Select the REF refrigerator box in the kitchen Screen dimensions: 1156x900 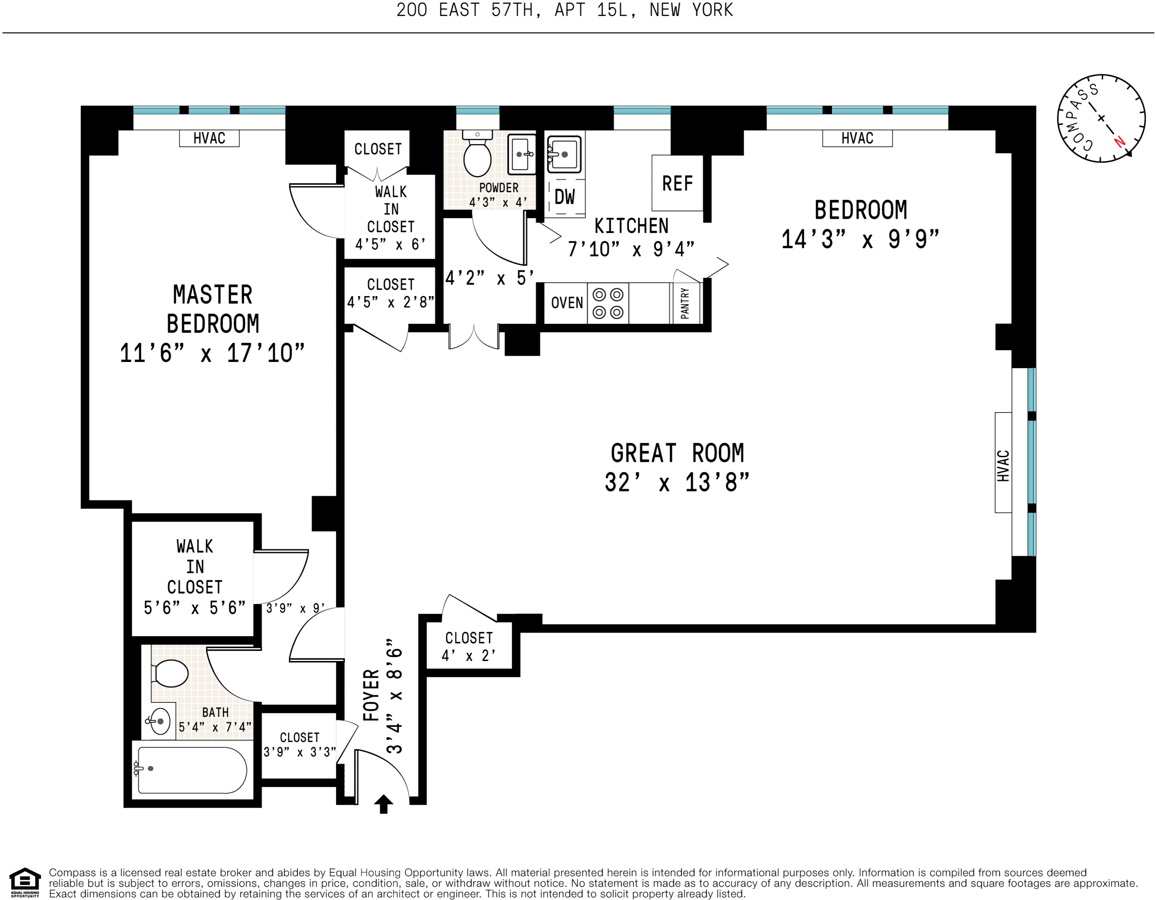click(x=677, y=183)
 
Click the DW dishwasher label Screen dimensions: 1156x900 click(x=565, y=197)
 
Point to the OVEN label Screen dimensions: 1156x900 click(x=567, y=303)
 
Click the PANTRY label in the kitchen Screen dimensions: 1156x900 click(x=685, y=303)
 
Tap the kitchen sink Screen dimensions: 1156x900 click(x=564, y=154)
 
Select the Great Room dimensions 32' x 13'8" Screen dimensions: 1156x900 click(x=677, y=483)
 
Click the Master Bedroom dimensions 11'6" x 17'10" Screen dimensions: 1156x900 click(x=212, y=353)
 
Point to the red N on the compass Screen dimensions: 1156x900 click(x=1120, y=142)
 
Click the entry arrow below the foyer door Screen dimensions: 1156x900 click(x=384, y=804)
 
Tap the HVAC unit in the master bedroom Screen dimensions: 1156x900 click(x=209, y=138)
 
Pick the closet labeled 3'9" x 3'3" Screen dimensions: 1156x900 click(x=299, y=745)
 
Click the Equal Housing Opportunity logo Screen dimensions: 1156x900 click(x=25, y=882)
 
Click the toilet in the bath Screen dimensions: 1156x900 click(x=170, y=674)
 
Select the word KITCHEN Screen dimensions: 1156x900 click(x=631, y=226)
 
